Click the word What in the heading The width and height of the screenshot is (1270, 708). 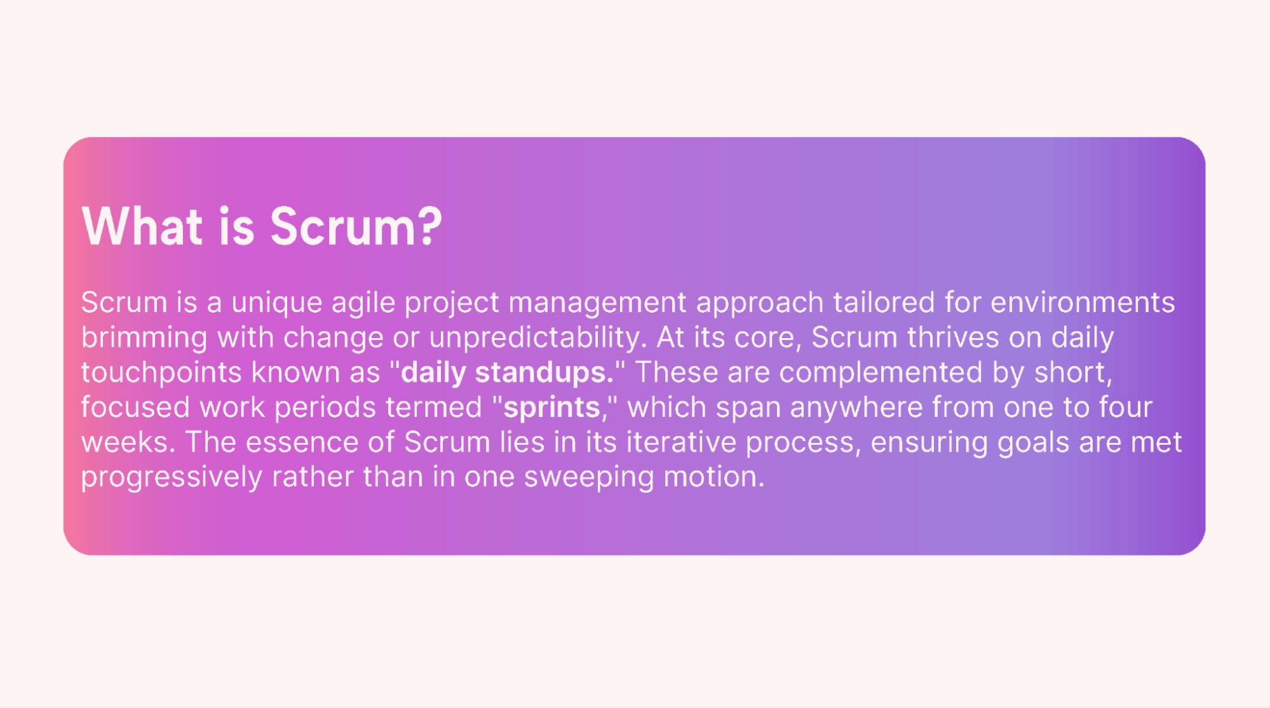[142, 227]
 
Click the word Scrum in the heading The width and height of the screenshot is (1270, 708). [342, 227]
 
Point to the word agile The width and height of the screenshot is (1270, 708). [363, 303]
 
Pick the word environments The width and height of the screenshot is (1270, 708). [1082, 303]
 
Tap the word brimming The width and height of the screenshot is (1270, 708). [144, 337]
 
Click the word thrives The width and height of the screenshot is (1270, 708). [953, 337]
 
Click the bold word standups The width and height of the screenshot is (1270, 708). [544, 372]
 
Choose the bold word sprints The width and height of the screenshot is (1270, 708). [551, 407]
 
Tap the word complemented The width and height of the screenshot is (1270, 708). [881, 372]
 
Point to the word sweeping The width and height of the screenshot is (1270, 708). [588, 477]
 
